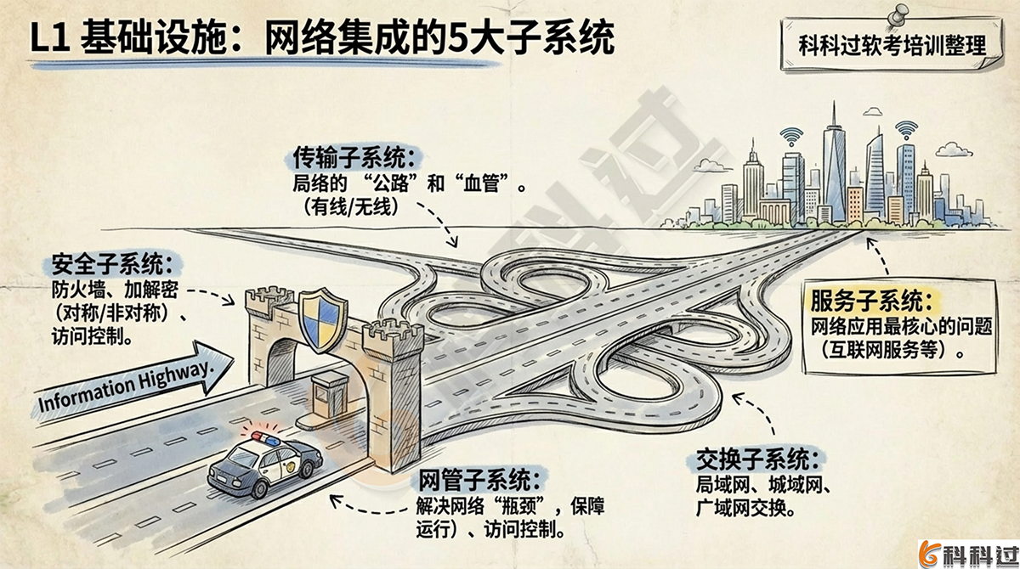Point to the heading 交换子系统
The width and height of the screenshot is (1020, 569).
(x=758, y=461)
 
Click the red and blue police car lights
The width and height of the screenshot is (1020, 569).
(x=264, y=437)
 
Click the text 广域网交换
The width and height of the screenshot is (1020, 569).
(x=744, y=510)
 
